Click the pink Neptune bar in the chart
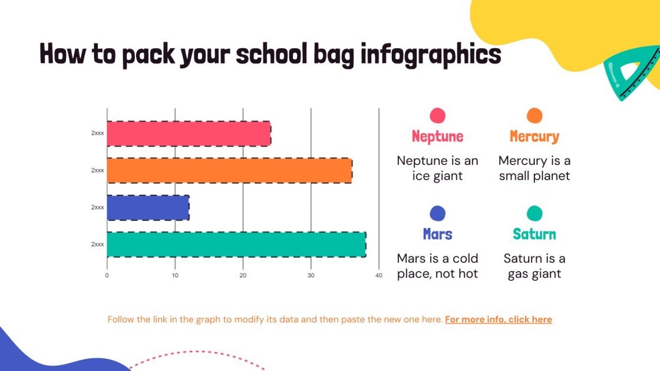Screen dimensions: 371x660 (x=189, y=133)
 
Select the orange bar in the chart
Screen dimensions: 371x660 (x=229, y=170)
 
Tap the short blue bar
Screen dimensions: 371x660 (x=148, y=207)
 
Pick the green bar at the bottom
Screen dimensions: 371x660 (x=236, y=244)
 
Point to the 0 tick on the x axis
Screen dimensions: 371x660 (x=107, y=275)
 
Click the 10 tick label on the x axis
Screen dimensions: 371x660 (x=175, y=275)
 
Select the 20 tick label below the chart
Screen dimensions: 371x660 (x=243, y=275)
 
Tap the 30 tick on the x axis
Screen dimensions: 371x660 (x=311, y=275)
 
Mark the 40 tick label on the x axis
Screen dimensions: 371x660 (x=379, y=275)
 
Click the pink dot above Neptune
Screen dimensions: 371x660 (x=438, y=115)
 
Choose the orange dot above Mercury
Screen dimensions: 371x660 (x=534, y=115)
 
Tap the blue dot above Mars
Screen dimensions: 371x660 (x=438, y=213)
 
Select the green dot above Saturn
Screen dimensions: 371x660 (x=534, y=213)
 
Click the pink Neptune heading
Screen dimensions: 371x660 (x=438, y=137)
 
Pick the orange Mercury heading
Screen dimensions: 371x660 (x=534, y=137)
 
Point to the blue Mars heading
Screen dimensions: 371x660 (x=438, y=234)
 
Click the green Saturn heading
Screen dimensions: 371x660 (x=534, y=234)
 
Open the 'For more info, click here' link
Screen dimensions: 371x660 (x=499, y=320)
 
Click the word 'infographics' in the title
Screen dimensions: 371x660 (x=431, y=55)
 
